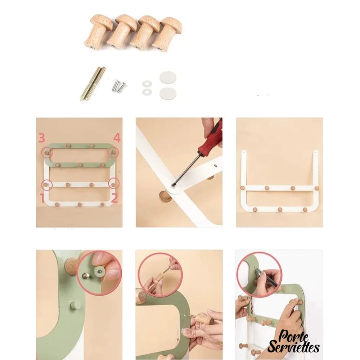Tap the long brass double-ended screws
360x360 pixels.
click(x=93, y=84)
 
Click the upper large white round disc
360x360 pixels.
click(x=168, y=78)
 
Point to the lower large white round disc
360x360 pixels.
click(x=168, y=94)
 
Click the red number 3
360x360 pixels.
click(x=41, y=138)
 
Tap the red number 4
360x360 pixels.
click(x=117, y=138)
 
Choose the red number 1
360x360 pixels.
click(x=42, y=198)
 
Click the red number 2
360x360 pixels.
click(x=114, y=198)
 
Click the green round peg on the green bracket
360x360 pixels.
click(x=76, y=305)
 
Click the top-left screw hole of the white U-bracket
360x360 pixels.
click(x=244, y=152)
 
